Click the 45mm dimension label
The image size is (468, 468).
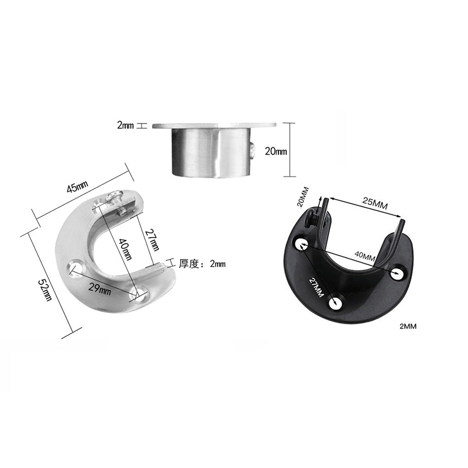click(x=77, y=187)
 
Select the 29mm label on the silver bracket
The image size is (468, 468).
click(x=100, y=288)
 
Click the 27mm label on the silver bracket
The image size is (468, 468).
click(x=152, y=240)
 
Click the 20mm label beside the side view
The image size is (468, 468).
click(x=276, y=152)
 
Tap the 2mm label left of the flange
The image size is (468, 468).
click(x=125, y=125)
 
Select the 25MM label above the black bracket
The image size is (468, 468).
click(x=375, y=204)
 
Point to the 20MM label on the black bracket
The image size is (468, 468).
click(x=302, y=197)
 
